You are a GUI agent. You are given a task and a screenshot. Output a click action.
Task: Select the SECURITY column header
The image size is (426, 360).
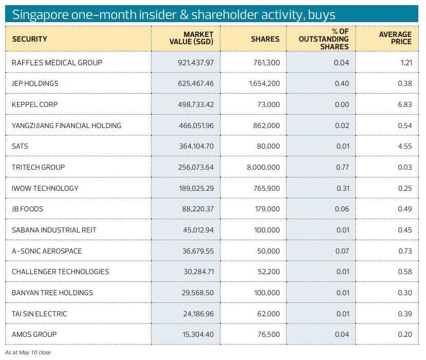(x=29, y=39)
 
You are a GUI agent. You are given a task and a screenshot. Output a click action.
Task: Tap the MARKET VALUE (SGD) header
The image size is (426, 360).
(x=191, y=39)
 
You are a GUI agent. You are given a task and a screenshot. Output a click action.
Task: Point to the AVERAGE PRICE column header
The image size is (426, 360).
(x=395, y=39)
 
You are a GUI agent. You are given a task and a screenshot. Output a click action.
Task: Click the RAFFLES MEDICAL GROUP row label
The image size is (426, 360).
(x=57, y=63)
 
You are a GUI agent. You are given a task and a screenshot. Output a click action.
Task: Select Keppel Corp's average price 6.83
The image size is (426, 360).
(x=405, y=104)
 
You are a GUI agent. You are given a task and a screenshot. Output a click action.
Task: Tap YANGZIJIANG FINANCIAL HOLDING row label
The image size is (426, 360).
(x=66, y=125)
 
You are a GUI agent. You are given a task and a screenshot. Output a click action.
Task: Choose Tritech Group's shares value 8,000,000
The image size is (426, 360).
(x=263, y=167)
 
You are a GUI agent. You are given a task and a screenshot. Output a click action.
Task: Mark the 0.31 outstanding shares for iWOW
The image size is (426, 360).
(x=342, y=188)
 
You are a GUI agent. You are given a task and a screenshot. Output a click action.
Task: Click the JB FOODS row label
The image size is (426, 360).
(x=27, y=209)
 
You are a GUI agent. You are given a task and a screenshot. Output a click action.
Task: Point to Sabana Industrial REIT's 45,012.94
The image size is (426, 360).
(x=198, y=230)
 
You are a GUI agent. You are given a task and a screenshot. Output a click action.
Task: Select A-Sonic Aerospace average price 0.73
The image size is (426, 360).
(x=405, y=251)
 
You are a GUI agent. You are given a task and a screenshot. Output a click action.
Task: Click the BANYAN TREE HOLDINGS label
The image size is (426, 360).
(x=52, y=293)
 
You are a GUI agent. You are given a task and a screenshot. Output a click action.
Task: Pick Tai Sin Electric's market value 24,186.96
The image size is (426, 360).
(x=198, y=314)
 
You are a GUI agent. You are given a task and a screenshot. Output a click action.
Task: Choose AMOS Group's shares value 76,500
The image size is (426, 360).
(x=268, y=334)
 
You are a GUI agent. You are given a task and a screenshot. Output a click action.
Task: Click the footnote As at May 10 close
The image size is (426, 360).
(x=28, y=353)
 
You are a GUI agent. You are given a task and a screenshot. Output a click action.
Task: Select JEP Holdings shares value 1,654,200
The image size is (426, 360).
(x=264, y=84)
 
